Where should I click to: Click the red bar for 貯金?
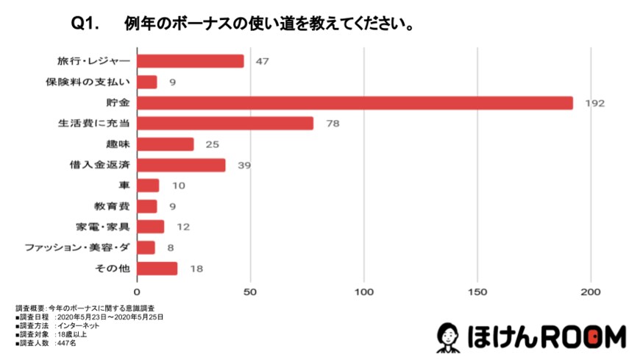355,102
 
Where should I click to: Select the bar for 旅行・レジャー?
191,61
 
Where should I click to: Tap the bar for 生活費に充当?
225,123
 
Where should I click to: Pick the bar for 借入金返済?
181,165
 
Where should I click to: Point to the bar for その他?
157,268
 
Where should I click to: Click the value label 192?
594,103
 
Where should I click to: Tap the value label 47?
262,61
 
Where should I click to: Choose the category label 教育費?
113,206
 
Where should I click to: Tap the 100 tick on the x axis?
365,290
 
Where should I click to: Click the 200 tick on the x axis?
592,290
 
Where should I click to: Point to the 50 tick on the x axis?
251,290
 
